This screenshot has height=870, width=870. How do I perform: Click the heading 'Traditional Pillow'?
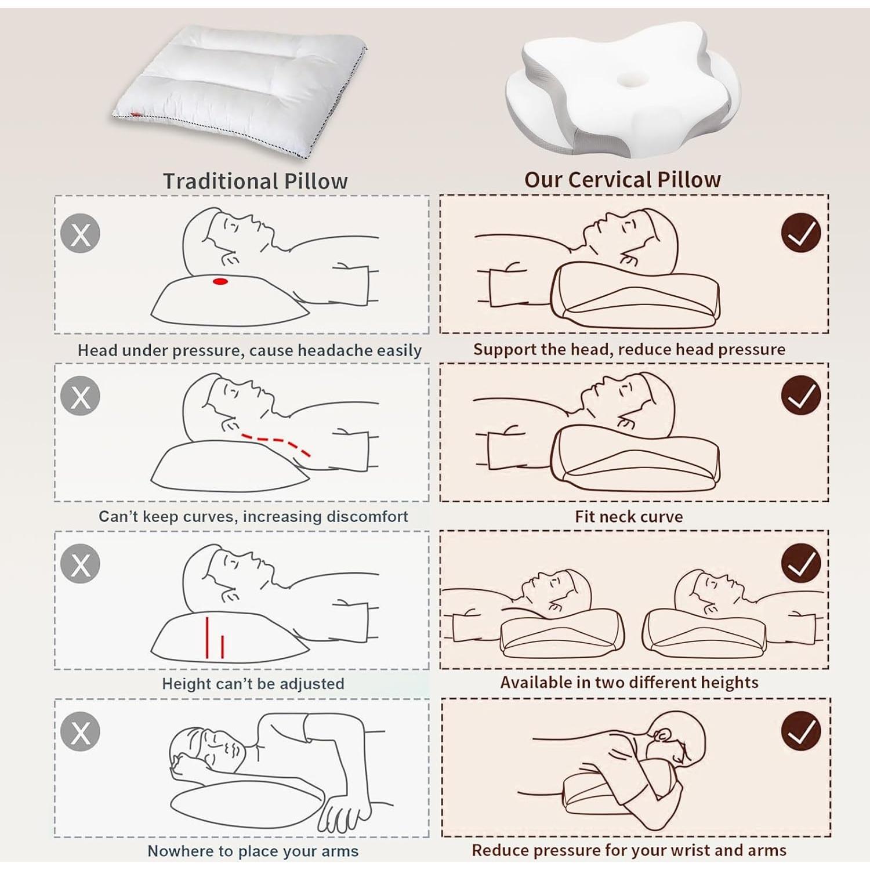tap(255, 181)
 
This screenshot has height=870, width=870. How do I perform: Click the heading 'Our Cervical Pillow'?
tap(622, 180)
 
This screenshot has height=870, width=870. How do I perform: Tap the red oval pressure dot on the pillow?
tap(220, 281)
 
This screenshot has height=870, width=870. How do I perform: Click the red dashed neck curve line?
tap(276, 442)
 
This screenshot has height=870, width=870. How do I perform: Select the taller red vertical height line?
tap(207, 637)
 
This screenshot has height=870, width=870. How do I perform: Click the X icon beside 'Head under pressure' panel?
tap(80, 234)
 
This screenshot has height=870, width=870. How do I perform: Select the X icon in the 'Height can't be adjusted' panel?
tap(80, 564)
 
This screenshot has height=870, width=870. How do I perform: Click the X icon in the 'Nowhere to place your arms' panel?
tap(80, 731)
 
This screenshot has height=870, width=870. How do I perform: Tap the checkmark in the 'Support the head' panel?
tap(800, 233)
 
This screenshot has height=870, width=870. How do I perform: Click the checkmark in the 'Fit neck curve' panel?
tap(800, 396)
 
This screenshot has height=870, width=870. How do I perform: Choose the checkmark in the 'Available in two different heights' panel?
tap(800, 563)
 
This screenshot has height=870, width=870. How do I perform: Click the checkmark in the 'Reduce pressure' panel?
tap(800, 731)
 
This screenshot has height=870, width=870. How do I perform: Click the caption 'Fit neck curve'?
tap(629, 516)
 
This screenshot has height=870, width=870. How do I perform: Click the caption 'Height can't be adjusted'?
tap(253, 684)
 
